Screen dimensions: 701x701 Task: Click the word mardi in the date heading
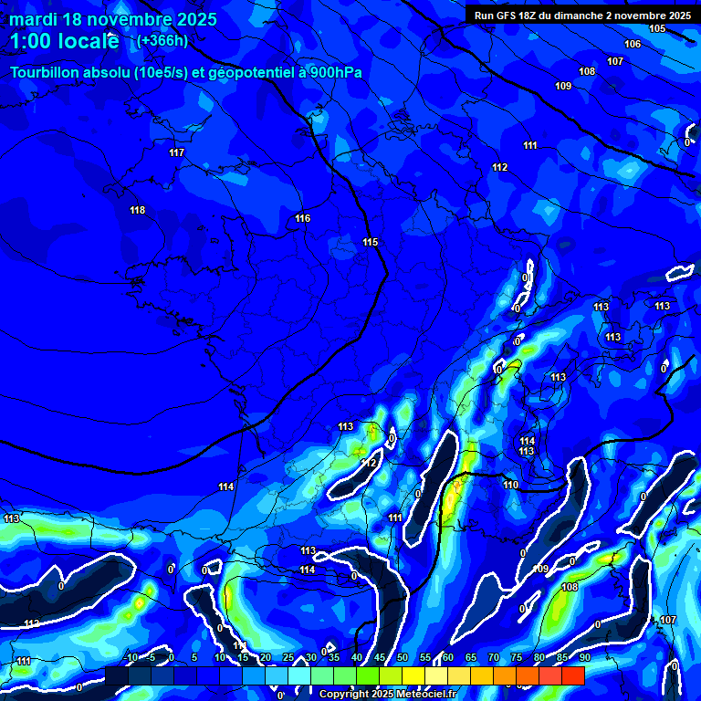(x=35, y=19)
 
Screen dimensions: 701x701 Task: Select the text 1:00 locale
(x=64, y=41)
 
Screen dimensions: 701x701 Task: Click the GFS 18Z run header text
(x=581, y=16)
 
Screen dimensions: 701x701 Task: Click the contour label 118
(x=138, y=211)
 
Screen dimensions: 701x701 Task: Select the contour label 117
(x=177, y=152)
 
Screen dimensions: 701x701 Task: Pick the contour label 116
(x=303, y=218)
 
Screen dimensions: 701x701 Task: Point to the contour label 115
(x=370, y=242)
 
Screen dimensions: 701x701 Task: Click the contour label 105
(x=657, y=29)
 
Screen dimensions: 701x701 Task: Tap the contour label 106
(x=633, y=45)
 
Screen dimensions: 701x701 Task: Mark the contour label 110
(x=510, y=485)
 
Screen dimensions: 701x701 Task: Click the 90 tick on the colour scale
(x=584, y=657)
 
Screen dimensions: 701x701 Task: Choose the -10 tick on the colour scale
(x=131, y=657)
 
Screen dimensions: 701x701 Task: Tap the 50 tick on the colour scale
(x=403, y=657)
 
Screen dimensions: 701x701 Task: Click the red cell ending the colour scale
(x=573, y=675)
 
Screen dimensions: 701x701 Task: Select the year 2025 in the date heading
(x=192, y=19)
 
